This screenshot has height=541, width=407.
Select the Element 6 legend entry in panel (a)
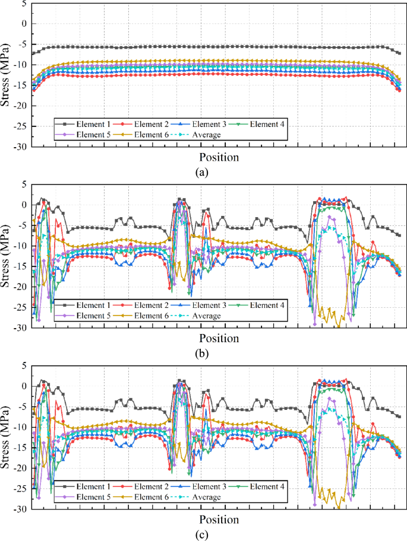[149, 135]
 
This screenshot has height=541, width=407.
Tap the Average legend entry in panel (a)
[205, 135]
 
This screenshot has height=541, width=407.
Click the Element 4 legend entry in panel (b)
[266, 305]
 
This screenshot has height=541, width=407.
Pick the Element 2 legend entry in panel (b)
[149, 305]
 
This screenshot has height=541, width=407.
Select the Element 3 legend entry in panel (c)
[207, 486]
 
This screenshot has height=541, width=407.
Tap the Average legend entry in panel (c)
[205, 497]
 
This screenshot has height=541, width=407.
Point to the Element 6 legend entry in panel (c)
[149, 497]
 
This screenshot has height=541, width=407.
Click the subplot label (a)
[203, 173]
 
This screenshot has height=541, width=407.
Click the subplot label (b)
[203, 354]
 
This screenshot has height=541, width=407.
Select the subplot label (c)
[203, 535]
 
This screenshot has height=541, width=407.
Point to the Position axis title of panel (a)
[219, 157]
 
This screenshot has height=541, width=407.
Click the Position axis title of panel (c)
[219, 520]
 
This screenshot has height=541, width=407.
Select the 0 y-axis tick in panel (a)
[24, 24]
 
